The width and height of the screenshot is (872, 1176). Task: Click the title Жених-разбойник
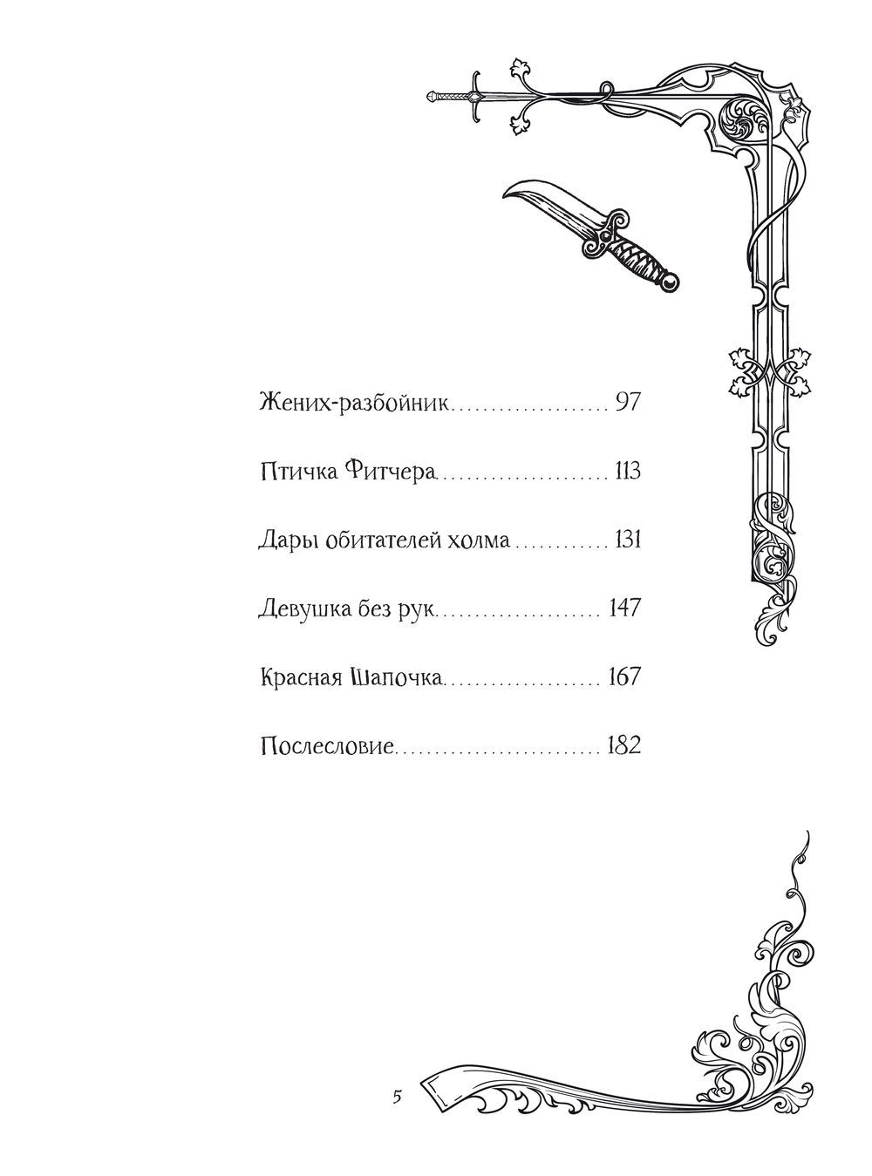(356, 404)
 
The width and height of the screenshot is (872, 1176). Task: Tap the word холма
(480, 540)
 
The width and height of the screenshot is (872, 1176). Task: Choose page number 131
(627, 540)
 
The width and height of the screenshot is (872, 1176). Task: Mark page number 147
(626, 608)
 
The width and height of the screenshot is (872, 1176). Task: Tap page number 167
(625, 676)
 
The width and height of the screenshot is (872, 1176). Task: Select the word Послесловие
(328, 746)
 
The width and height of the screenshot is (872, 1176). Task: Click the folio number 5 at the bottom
(397, 1096)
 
